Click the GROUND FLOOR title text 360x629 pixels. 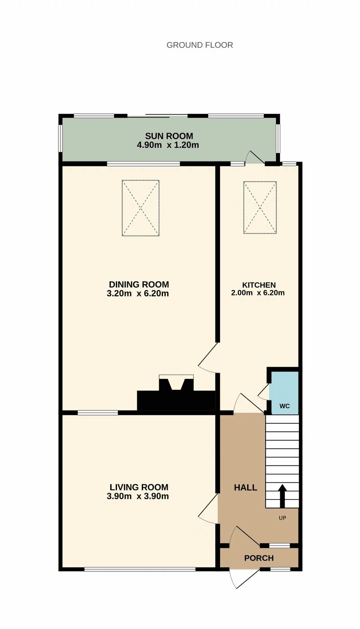click(x=200, y=45)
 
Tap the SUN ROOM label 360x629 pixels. click(x=169, y=136)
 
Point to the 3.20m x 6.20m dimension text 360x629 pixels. click(x=138, y=293)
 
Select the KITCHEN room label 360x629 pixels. click(x=259, y=285)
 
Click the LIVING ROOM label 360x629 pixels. click(x=139, y=487)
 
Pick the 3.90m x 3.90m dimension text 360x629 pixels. click(x=138, y=496)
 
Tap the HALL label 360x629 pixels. click(x=246, y=488)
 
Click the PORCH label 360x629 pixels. click(x=259, y=558)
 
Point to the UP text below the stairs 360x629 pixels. click(x=282, y=518)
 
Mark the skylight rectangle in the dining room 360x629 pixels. click(x=141, y=208)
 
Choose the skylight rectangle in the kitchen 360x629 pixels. click(x=260, y=207)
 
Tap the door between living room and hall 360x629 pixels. click(x=208, y=509)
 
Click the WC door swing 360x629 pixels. click(x=264, y=392)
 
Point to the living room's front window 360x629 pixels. click(x=140, y=569)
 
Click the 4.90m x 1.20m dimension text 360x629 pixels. click(x=168, y=145)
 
